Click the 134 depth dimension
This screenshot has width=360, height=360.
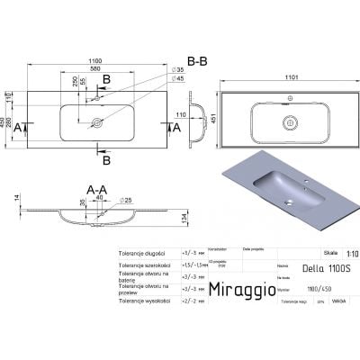[x=184, y=222]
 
